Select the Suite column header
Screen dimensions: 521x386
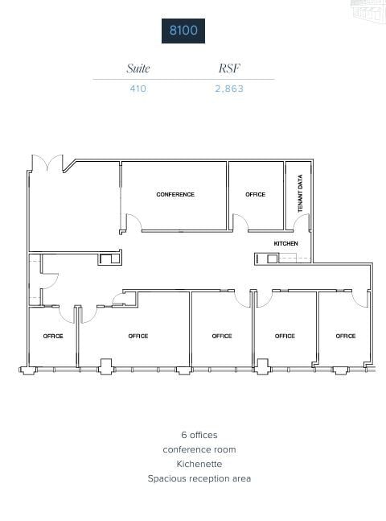[138, 68]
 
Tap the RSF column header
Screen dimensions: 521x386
[228, 68]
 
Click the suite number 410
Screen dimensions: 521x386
[138, 89]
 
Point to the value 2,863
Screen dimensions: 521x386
[228, 89]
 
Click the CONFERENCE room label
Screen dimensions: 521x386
[175, 194]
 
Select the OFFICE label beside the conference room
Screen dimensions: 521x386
[256, 194]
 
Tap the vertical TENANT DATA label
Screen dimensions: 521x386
[300, 194]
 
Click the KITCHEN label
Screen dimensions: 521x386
[285, 242]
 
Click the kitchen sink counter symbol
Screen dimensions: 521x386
[273, 258]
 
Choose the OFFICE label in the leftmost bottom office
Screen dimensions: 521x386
[53, 336]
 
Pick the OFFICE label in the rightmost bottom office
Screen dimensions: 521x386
[346, 336]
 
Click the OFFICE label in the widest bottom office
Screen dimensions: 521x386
[138, 336]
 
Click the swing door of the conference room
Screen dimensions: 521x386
[133, 223]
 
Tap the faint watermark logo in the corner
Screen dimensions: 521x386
[369, 9]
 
